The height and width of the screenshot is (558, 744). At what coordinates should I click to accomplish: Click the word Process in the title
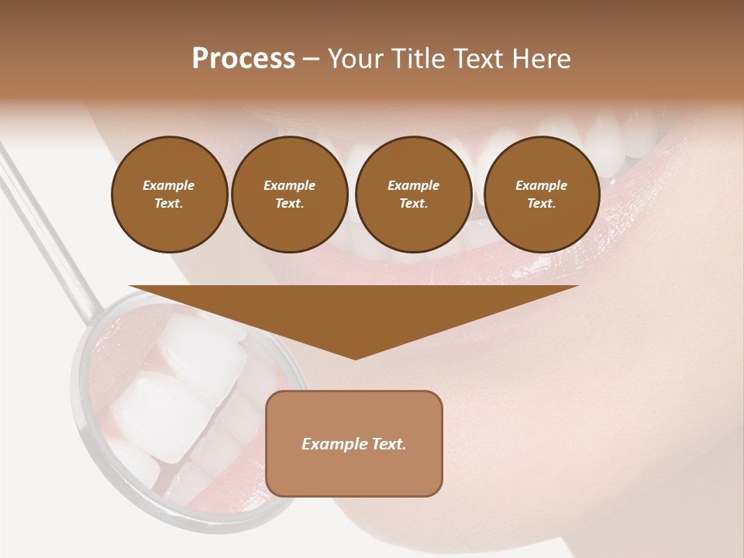click(x=243, y=59)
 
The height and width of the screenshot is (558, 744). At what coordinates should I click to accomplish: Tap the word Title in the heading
click(x=420, y=59)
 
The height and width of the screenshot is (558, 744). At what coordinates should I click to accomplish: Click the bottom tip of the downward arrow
click(x=355, y=357)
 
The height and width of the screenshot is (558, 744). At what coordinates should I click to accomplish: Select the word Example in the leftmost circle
click(x=169, y=185)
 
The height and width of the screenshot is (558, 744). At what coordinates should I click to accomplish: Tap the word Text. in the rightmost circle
click(x=541, y=203)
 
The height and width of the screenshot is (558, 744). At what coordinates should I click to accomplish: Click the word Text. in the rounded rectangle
click(x=390, y=444)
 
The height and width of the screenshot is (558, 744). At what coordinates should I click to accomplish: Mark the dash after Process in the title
click(x=311, y=59)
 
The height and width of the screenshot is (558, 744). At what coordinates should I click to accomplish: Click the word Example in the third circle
click(x=413, y=185)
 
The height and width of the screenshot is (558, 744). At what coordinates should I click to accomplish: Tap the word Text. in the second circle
click(x=289, y=203)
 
